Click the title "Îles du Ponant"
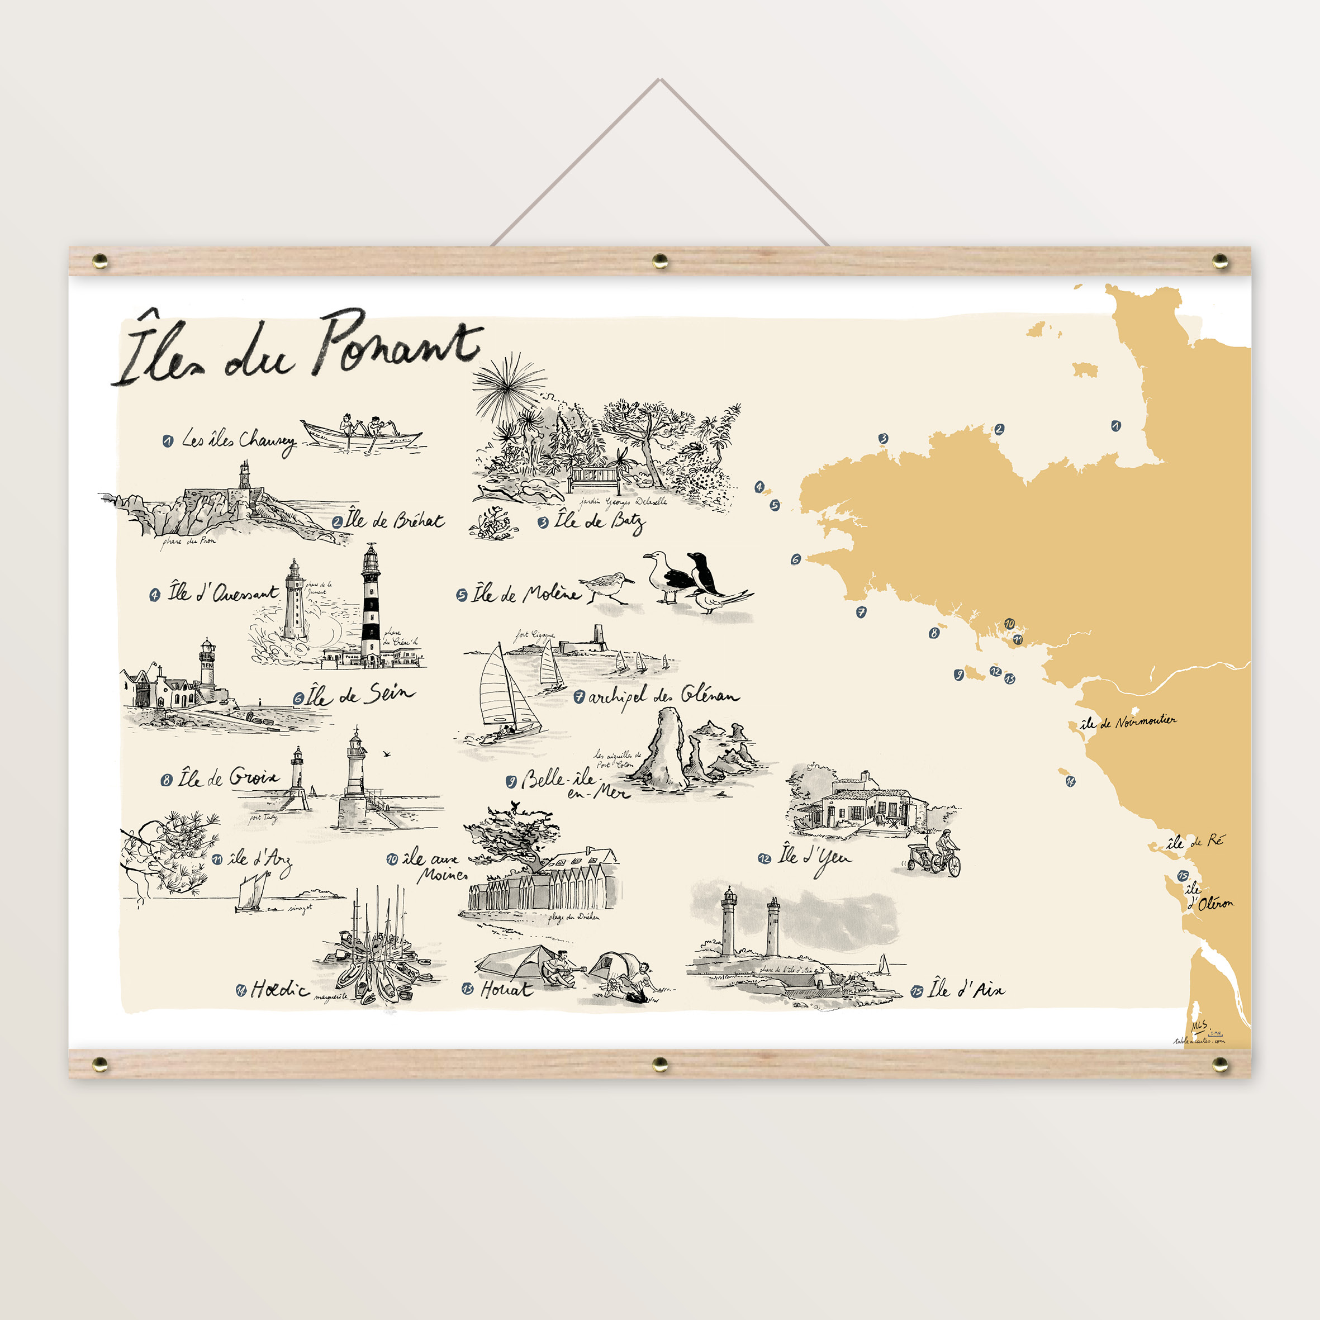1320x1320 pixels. click(x=298, y=349)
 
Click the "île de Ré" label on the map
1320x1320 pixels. click(x=1195, y=841)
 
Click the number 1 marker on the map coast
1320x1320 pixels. click(x=1115, y=426)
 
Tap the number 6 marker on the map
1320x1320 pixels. click(x=795, y=559)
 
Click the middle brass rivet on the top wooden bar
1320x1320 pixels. click(x=660, y=260)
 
